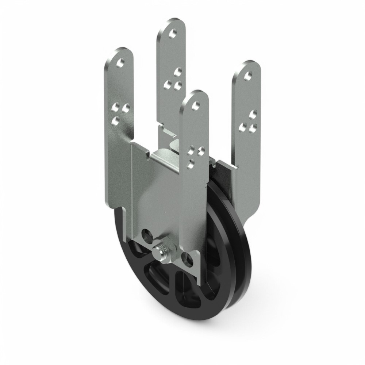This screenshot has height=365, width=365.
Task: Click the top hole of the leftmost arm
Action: coord(120,63)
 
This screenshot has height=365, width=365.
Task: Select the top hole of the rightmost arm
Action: coord(248,76)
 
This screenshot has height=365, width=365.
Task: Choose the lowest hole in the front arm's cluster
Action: coord(190,165)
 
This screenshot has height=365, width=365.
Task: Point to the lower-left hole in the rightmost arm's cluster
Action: coord(242,127)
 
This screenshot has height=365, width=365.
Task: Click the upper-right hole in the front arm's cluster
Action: coord(200,150)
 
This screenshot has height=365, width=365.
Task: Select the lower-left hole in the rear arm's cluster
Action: coord(168,85)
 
